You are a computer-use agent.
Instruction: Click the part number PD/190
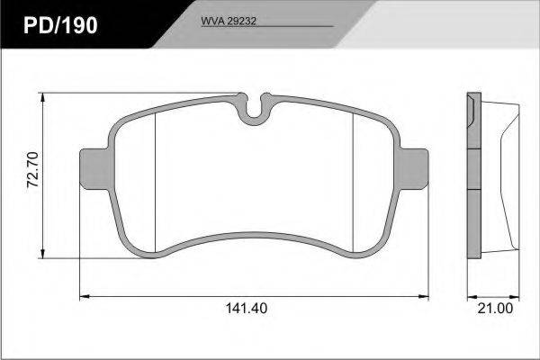60,25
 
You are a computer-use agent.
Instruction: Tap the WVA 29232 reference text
229,22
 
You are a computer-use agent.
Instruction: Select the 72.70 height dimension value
33,169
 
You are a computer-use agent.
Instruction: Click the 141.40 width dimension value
247,309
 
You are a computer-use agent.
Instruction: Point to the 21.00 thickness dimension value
495,309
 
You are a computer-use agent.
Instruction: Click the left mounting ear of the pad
94,169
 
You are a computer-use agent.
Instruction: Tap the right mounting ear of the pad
413,169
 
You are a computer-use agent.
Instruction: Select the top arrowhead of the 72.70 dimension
42,97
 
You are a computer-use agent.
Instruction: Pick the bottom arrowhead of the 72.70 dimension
42,254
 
